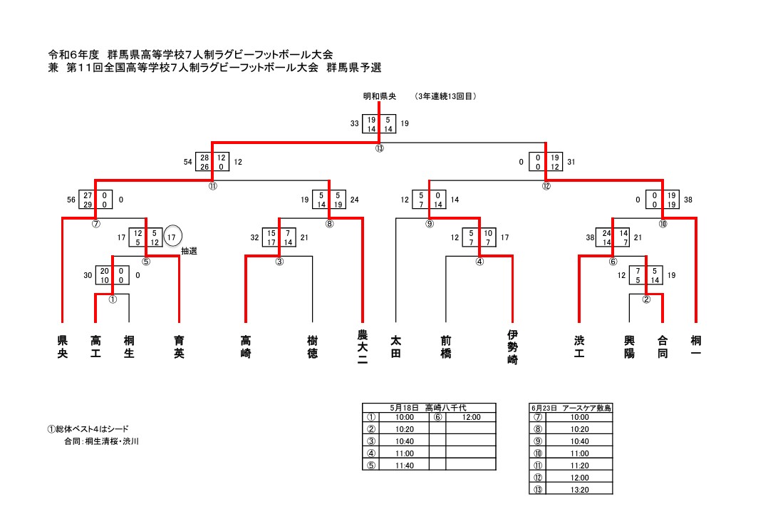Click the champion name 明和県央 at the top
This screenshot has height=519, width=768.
[379, 96]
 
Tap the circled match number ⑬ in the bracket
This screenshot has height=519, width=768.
[379, 148]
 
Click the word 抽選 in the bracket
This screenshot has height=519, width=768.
[189, 251]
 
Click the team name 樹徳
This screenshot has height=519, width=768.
[312, 346]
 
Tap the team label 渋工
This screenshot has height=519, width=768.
[579, 346]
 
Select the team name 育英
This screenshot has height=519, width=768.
[179, 346]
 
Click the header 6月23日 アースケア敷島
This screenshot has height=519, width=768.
[571, 408]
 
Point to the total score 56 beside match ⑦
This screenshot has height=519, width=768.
[70, 200]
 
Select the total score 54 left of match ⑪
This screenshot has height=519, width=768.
[188, 162]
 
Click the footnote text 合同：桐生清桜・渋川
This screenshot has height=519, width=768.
[101, 442]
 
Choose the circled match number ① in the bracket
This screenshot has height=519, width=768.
[113, 299]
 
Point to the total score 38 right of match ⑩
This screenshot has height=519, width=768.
[687, 200]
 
